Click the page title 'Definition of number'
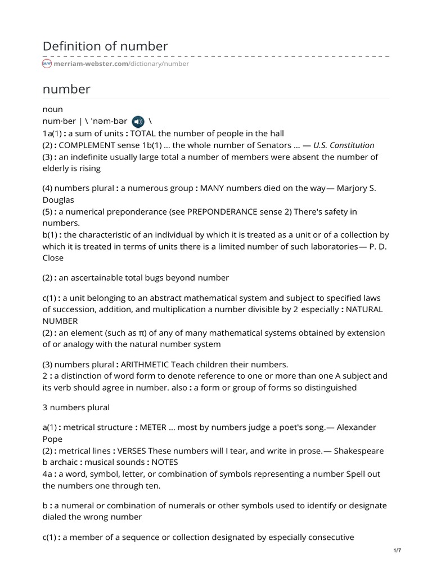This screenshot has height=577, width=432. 105,46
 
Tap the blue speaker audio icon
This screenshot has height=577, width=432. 138,122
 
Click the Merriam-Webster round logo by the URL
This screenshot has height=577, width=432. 47,64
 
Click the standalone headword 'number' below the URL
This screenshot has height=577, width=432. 66,89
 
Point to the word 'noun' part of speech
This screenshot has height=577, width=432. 53,109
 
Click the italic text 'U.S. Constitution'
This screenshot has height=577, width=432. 344,145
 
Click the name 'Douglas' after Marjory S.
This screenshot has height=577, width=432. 58,199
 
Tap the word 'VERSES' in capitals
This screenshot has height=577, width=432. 134,450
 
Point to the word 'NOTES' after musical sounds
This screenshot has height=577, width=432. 165,462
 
